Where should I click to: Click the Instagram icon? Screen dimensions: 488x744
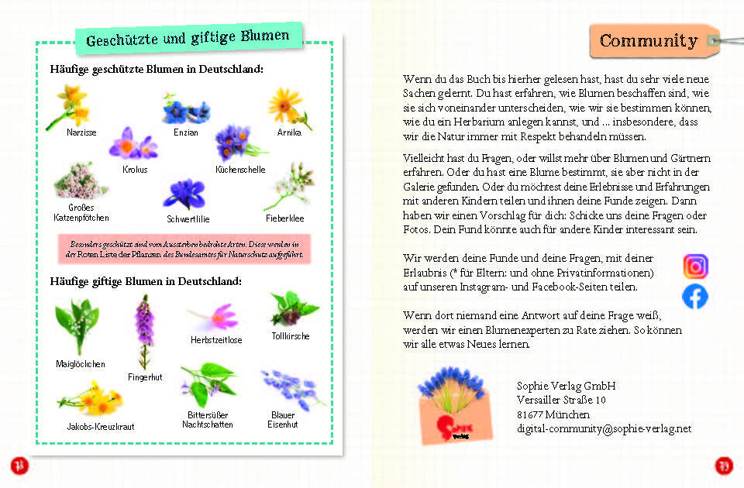coord(695,266)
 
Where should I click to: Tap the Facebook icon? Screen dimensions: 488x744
coord(695,297)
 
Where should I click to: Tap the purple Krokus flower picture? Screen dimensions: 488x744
coord(133,144)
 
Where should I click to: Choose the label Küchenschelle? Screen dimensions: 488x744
coord(240,170)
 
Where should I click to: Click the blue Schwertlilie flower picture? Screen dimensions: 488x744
coord(184,194)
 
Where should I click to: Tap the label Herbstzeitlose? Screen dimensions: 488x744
coord(216,340)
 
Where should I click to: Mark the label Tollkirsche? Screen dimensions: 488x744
coord(291,336)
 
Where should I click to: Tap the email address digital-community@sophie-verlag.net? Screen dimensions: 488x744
coord(604,428)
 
